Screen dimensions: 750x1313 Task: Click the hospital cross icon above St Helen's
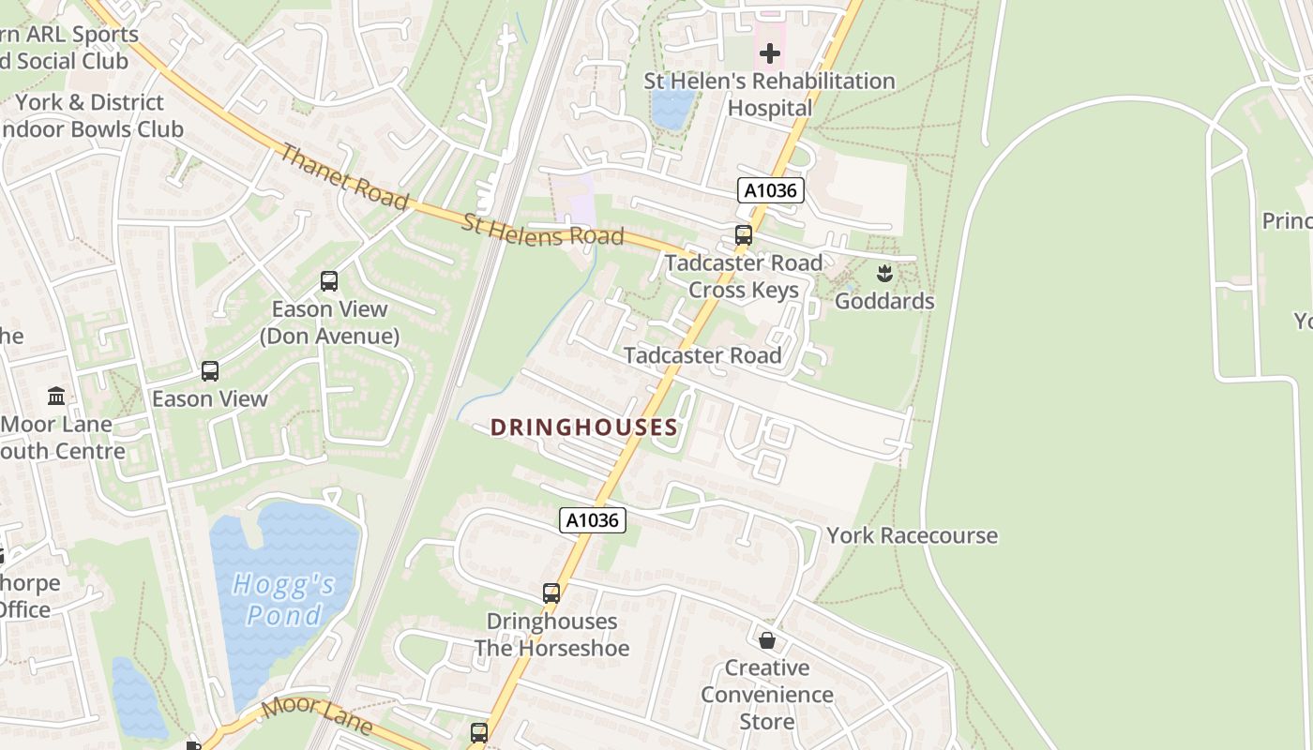(x=770, y=53)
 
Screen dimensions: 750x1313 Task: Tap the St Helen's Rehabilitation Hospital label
(x=769, y=95)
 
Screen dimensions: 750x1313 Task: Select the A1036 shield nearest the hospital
(x=770, y=191)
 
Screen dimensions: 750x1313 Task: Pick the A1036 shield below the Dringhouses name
(x=593, y=520)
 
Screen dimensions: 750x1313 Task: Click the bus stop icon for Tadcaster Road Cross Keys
(x=744, y=235)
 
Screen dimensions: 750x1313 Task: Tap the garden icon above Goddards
(x=883, y=274)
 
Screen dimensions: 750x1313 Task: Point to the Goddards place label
(x=883, y=301)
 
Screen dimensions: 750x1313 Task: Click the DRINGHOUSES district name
(x=583, y=427)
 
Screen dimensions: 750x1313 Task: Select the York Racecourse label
(x=912, y=535)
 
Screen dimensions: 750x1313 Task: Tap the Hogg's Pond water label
(x=283, y=600)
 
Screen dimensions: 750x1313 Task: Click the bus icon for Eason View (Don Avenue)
(x=329, y=280)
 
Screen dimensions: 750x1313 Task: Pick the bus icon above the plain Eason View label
(x=210, y=371)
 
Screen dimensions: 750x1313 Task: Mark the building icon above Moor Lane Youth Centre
(x=56, y=397)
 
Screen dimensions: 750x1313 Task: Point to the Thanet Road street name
(x=344, y=177)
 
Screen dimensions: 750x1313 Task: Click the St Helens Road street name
(x=542, y=230)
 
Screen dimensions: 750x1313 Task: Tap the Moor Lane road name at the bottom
(x=317, y=715)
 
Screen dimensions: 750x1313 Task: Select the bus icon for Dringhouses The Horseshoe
(x=551, y=593)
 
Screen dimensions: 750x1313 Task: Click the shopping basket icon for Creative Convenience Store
(x=767, y=640)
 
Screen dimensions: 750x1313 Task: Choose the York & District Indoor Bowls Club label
(x=90, y=115)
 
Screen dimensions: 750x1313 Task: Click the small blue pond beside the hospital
(x=672, y=107)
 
